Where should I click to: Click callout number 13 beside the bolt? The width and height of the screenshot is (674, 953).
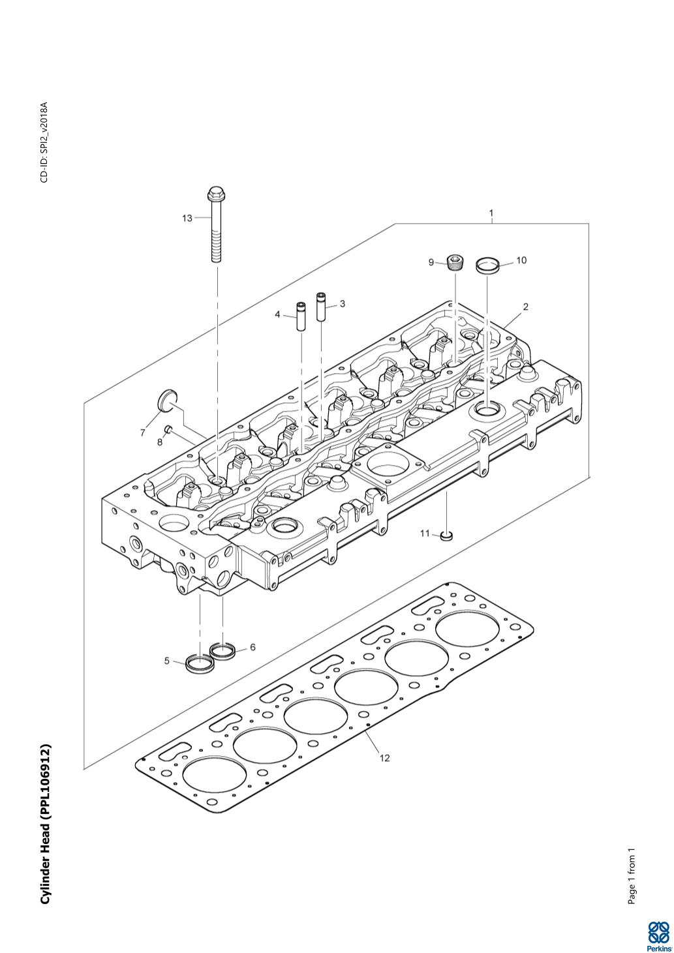tap(187, 218)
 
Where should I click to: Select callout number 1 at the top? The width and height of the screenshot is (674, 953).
tap(491, 213)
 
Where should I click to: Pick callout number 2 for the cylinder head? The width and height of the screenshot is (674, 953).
tap(525, 307)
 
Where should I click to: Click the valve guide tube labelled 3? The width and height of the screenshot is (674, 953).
tap(321, 307)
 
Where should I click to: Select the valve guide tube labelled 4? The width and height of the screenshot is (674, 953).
tap(301, 317)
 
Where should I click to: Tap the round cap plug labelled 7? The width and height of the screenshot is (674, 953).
tap(168, 399)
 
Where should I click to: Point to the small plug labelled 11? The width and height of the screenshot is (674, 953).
tap(447, 536)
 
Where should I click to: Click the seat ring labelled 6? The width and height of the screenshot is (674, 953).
tap(222, 650)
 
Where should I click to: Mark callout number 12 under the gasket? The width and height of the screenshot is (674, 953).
tap(384, 757)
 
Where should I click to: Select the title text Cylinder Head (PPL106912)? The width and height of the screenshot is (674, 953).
tap(45, 824)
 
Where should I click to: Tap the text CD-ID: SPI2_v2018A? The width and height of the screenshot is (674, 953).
tap(44, 142)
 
